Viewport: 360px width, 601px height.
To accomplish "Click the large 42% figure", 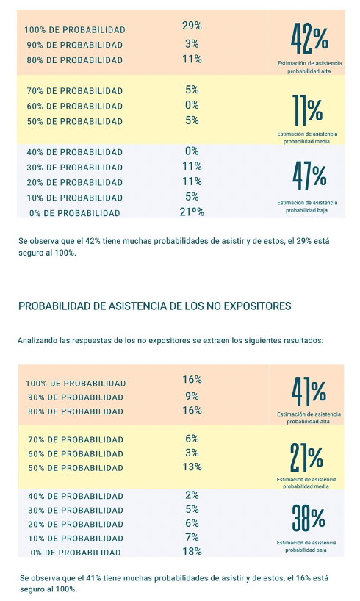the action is click(310, 39).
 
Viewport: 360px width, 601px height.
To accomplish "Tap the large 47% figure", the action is click(309, 176).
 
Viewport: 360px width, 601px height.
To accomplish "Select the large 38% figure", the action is click(309, 518).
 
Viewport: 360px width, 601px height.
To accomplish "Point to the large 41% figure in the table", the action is click(309, 392).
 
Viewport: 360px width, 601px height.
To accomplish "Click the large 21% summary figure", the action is click(306, 457).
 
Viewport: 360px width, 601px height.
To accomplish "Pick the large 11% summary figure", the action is click(308, 110).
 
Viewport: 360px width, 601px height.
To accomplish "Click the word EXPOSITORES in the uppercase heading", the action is click(257, 306).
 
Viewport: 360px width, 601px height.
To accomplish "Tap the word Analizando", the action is click(37, 340).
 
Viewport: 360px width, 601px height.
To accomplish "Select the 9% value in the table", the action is click(192, 396).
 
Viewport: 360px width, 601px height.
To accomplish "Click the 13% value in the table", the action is click(192, 467).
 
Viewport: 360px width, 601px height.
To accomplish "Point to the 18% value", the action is click(192, 551).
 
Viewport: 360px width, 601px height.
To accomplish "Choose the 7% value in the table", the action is click(192, 537).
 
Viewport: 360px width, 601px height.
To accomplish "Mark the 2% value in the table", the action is click(192, 495).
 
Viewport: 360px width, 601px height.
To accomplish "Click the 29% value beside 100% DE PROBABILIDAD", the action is click(192, 26).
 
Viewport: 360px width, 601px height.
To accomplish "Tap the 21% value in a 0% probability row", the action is click(192, 212).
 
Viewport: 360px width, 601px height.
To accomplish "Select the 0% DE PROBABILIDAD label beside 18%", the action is click(76, 553).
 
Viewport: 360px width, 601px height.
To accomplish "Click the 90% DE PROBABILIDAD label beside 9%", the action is click(76, 397).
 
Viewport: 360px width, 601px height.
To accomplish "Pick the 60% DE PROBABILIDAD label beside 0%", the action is click(75, 107).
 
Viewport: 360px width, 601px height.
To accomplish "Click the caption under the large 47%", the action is click(307, 206).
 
